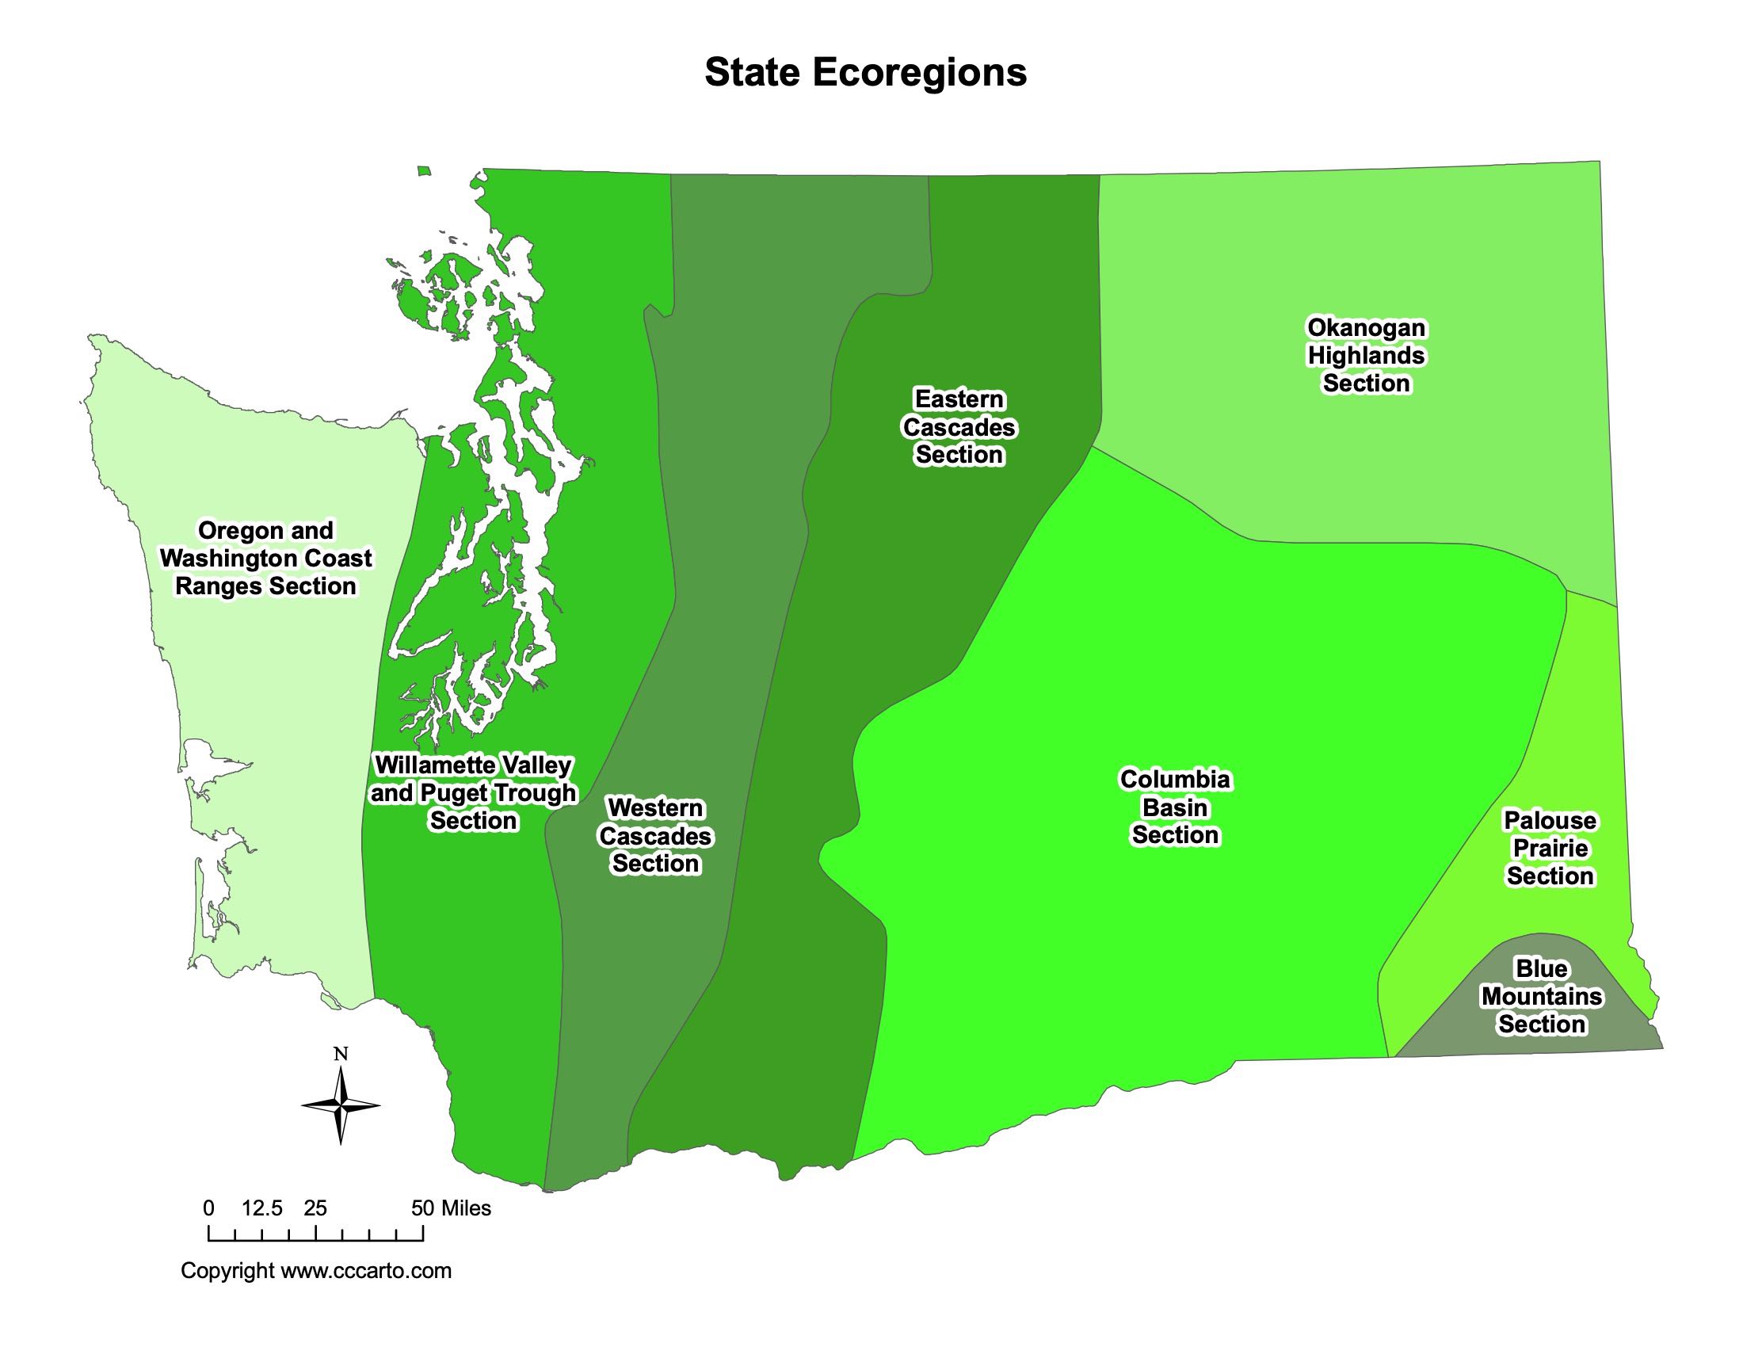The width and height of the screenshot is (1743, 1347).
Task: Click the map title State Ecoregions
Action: click(x=865, y=73)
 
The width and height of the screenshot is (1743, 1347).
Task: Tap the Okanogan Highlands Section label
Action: click(x=1366, y=356)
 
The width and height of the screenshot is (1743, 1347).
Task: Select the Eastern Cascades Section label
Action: click(x=959, y=427)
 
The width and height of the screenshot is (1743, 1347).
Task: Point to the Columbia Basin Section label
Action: click(x=1176, y=807)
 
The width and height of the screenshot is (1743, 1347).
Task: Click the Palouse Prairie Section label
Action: click(x=1550, y=849)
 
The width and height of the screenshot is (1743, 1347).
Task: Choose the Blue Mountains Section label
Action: click(x=1541, y=996)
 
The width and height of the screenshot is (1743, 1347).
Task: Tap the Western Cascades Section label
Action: click(x=655, y=835)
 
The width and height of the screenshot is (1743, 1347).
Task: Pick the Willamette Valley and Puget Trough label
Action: click(x=473, y=792)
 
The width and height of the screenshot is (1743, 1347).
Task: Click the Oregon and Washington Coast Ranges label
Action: click(x=265, y=559)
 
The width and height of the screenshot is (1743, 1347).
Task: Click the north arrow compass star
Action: click(x=341, y=1105)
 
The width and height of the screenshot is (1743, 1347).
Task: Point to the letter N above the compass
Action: click(x=341, y=1054)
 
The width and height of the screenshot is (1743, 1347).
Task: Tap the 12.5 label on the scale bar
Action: click(x=261, y=1208)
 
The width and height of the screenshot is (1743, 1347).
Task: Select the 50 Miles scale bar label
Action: click(x=451, y=1208)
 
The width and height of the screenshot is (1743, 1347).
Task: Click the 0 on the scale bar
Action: click(x=209, y=1208)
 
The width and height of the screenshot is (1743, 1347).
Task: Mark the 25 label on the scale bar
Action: click(x=315, y=1208)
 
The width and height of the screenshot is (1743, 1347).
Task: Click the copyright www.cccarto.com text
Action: click(x=316, y=1270)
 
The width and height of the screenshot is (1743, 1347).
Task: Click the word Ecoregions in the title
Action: click(x=919, y=73)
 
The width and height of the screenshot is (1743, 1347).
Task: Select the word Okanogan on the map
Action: click(x=1367, y=328)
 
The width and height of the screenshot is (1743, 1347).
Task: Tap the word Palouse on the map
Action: click(x=1550, y=820)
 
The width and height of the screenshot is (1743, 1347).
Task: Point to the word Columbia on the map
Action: click(x=1176, y=779)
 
